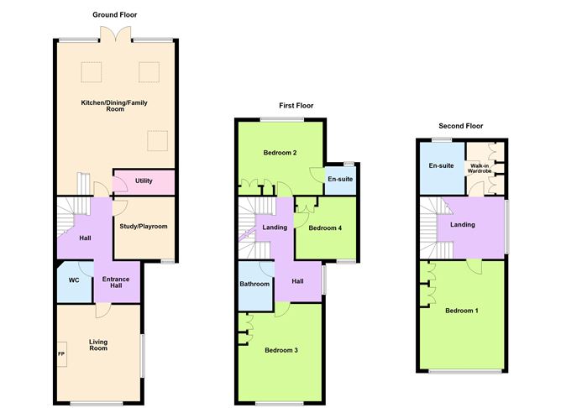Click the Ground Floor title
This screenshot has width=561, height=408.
[x=115, y=14]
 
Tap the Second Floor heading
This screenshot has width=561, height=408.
[x=461, y=126]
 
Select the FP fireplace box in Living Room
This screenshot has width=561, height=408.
[x=62, y=354]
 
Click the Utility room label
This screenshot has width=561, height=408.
[x=144, y=181]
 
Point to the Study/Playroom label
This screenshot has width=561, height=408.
[x=144, y=227]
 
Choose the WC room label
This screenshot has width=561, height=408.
[x=74, y=280]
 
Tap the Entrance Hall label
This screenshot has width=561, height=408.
[x=116, y=282]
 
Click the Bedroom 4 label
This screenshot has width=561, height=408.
[x=325, y=228]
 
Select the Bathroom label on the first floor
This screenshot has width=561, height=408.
[x=254, y=284]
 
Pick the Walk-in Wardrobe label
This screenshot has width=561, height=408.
[x=480, y=169]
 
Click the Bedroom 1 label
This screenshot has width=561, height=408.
[x=462, y=311]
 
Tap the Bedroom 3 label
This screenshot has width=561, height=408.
[x=281, y=350]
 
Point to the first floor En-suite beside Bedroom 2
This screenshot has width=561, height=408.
[x=340, y=179]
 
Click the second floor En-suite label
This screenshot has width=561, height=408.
[x=441, y=165]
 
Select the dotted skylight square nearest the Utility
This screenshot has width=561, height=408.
[x=157, y=141]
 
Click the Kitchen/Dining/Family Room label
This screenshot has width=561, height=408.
[x=114, y=106]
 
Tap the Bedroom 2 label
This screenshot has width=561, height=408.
[x=280, y=153]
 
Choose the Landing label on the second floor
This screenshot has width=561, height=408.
[x=463, y=224]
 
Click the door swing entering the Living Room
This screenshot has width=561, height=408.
[x=103, y=311]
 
